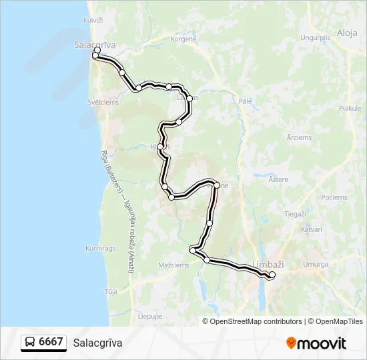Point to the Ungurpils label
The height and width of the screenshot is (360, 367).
pos(316,38)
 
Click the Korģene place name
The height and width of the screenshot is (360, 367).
pos(183,39)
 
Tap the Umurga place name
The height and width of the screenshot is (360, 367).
pos(315,265)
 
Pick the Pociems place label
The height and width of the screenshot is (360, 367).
pos(334,197)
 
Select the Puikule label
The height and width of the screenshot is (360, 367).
pos(349,107)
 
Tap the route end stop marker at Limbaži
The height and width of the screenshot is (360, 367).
pos(272,275)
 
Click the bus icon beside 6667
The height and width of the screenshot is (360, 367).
pos(30,343)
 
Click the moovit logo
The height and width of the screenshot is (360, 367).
pos(316,343)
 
